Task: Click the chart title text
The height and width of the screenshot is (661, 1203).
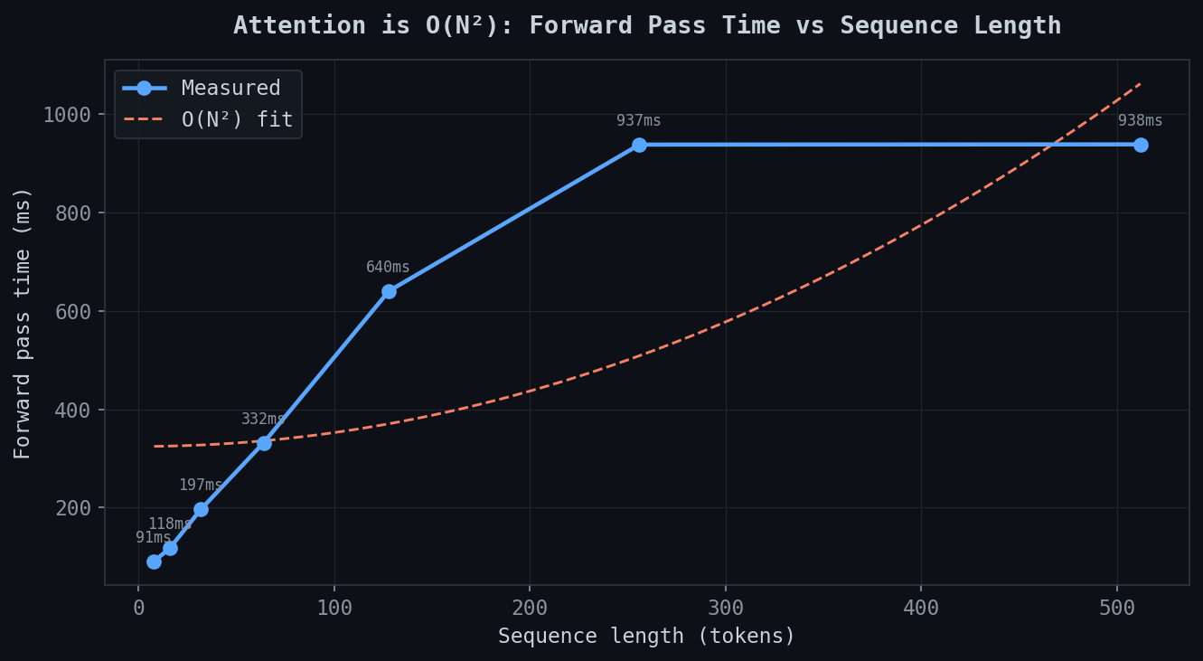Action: (647, 25)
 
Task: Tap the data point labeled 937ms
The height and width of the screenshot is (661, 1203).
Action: (639, 145)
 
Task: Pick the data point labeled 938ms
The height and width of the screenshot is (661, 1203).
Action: (1141, 145)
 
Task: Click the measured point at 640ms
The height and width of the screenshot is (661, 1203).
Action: (389, 291)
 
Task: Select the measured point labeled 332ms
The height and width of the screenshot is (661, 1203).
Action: (264, 443)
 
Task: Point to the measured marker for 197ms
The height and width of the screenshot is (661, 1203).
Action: (201, 509)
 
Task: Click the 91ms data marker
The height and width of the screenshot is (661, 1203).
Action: (154, 562)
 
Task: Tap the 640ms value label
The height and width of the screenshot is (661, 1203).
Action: (388, 268)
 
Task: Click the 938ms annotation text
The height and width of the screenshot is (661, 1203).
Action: (1141, 121)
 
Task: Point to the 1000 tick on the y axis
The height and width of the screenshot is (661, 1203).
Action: (67, 115)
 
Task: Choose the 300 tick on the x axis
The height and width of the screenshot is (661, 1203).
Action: (726, 608)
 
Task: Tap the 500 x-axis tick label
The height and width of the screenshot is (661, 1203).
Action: (1117, 608)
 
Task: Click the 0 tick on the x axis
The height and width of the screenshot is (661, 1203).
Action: (138, 608)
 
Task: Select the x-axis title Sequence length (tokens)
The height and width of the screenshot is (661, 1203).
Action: (647, 637)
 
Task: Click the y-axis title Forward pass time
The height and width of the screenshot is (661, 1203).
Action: (23, 323)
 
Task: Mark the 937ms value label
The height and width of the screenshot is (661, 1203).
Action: (639, 121)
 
